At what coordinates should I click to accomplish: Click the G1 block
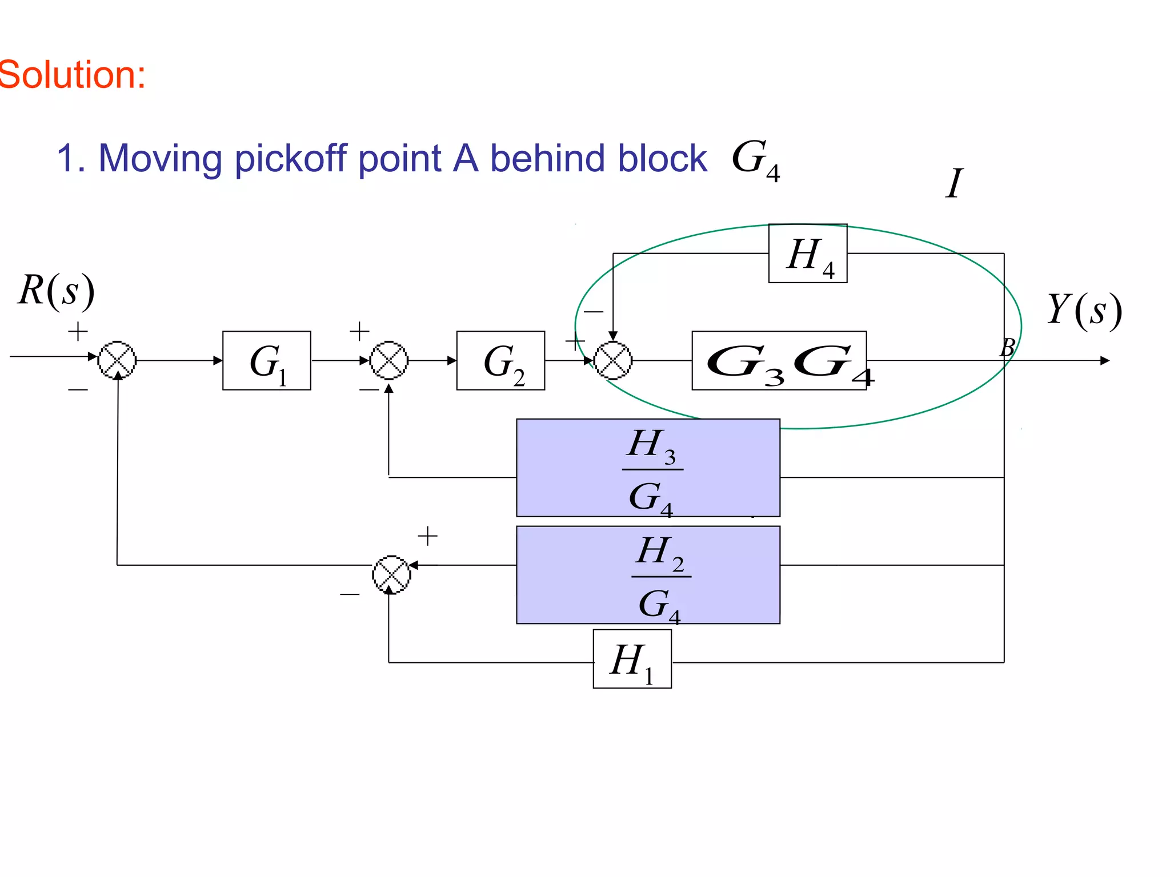(x=267, y=360)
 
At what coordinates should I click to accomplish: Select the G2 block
(x=500, y=360)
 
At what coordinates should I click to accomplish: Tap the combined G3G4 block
(x=779, y=360)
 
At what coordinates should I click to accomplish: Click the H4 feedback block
(x=808, y=254)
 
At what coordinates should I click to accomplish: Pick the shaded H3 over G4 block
(x=648, y=468)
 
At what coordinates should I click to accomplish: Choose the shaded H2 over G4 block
(x=648, y=574)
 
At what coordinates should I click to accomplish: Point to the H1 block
(x=632, y=659)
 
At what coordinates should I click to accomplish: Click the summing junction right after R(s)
(x=117, y=360)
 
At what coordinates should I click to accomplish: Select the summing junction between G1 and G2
(x=389, y=360)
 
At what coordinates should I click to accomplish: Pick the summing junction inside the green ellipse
(x=613, y=360)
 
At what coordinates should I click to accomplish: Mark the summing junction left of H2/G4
(x=391, y=574)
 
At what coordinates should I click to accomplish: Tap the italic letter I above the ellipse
(x=954, y=183)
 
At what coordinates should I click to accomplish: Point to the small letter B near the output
(x=1007, y=347)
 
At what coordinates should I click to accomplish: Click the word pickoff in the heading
(x=291, y=158)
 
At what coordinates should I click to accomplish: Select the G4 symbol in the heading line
(x=755, y=159)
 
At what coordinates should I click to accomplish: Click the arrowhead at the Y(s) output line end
(x=1105, y=361)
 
